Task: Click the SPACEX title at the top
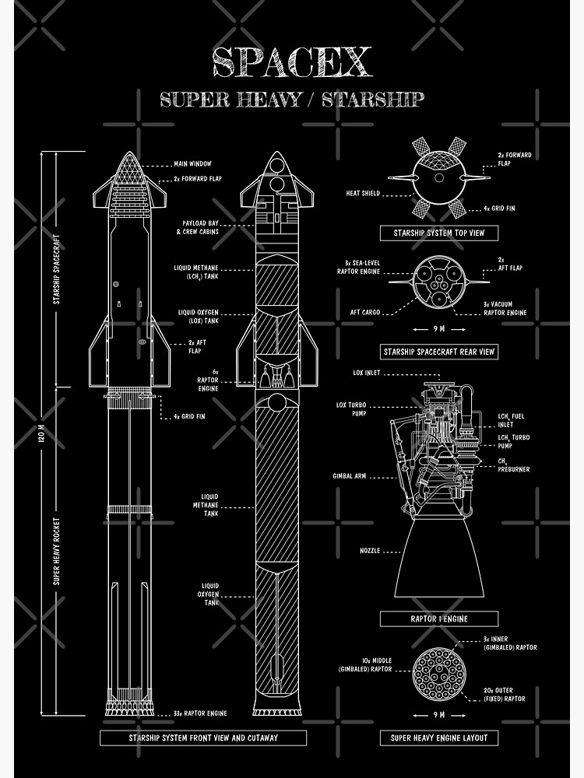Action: pyautogui.click(x=292, y=62)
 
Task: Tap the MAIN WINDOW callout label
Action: pyautogui.click(x=192, y=164)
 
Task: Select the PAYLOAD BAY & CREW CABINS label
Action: pyautogui.click(x=197, y=227)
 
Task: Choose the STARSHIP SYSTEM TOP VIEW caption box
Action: pyautogui.click(x=438, y=233)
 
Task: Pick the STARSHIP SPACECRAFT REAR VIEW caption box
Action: pyautogui.click(x=438, y=352)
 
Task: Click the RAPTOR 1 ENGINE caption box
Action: pyautogui.click(x=438, y=619)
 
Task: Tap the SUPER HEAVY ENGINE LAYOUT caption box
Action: pyautogui.click(x=438, y=737)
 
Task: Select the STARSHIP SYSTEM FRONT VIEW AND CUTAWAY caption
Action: pyautogui.click(x=203, y=737)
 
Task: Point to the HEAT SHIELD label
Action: pyautogui.click(x=363, y=193)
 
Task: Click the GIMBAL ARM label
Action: pyautogui.click(x=349, y=475)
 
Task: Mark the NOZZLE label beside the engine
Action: pyautogui.click(x=370, y=551)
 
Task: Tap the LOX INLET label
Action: pyautogui.click(x=366, y=373)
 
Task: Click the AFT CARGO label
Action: pyautogui.click(x=364, y=312)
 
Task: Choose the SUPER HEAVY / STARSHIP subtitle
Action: pyautogui.click(x=292, y=100)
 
